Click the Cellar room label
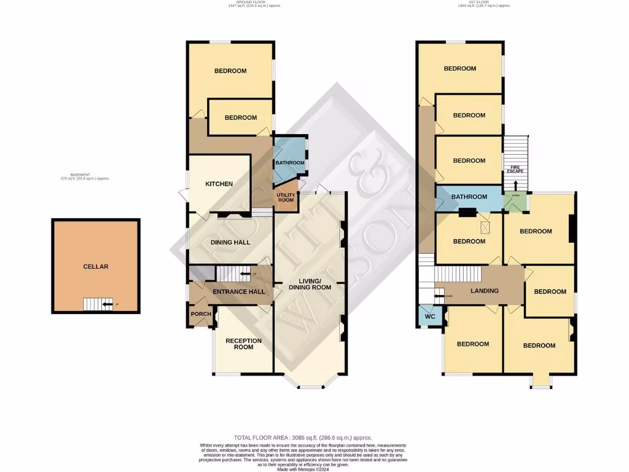pyautogui.click(x=96, y=267)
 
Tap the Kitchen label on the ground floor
pyautogui.click(x=219, y=184)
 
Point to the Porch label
pyautogui.click(x=201, y=314)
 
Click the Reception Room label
pyautogui.click(x=243, y=344)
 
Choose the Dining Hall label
pyautogui.click(x=230, y=242)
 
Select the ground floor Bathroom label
pyautogui.click(x=290, y=163)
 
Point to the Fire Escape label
pyautogui.click(x=515, y=169)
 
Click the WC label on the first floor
pyautogui.click(x=430, y=317)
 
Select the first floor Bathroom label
pyautogui.click(x=469, y=197)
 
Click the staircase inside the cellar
pyautogui.click(x=95, y=304)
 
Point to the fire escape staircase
pyautogui.click(x=515, y=148)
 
